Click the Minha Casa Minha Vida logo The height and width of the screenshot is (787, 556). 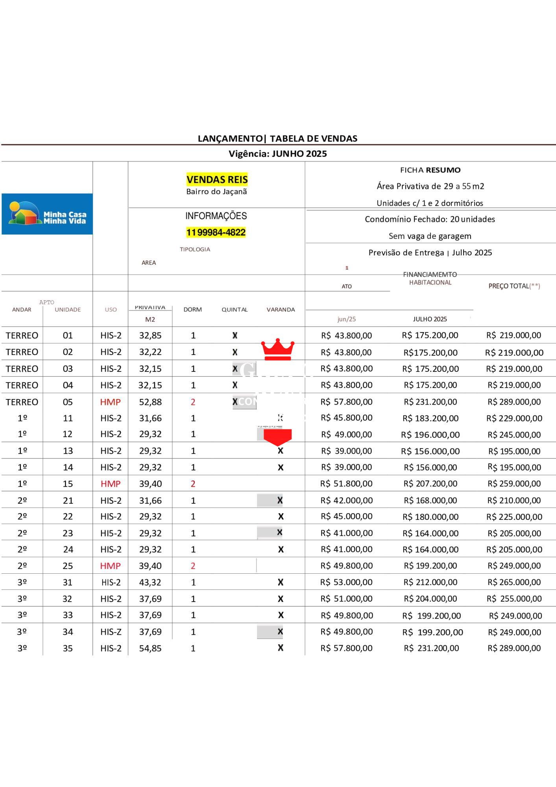point(47,214)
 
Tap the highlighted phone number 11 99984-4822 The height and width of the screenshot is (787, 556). point(216,233)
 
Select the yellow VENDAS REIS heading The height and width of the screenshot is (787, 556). point(217,180)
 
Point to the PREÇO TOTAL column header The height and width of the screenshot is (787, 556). point(514,286)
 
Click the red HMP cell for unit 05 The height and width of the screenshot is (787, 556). point(110,402)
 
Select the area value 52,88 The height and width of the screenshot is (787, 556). point(150,402)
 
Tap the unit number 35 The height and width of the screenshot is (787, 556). point(68,648)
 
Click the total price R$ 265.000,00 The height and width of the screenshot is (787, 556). point(514,582)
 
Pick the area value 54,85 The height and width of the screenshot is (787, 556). point(150,648)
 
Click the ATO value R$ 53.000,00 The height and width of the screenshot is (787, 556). point(346,582)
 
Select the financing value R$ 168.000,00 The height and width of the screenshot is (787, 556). point(430,501)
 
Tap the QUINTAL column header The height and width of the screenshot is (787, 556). point(235,310)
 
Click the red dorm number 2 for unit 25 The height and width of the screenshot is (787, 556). point(193,566)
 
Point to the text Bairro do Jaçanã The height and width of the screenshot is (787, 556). point(216,192)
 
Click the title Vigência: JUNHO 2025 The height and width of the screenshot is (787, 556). point(278,154)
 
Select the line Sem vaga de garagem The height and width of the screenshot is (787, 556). point(430,236)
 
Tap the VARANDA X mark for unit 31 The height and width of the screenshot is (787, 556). point(281,582)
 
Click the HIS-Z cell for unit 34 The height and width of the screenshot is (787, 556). point(111,632)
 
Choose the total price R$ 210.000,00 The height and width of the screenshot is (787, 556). point(514,501)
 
